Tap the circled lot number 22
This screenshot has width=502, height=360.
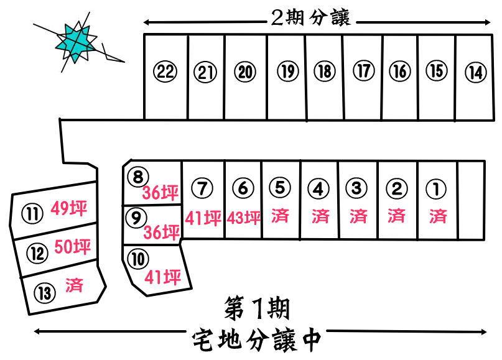point(165,72)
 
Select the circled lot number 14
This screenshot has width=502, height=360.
point(475,72)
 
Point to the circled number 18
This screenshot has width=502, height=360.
point(323,72)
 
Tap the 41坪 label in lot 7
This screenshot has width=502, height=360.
point(203,218)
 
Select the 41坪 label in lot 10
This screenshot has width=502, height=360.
point(162,277)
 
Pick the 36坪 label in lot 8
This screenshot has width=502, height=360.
point(161,193)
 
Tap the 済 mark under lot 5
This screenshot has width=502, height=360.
point(280,216)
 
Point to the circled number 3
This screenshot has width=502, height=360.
point(357,187)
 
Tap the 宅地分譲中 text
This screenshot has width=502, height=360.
point(256,339)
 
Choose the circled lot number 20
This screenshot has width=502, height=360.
point(245,72)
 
